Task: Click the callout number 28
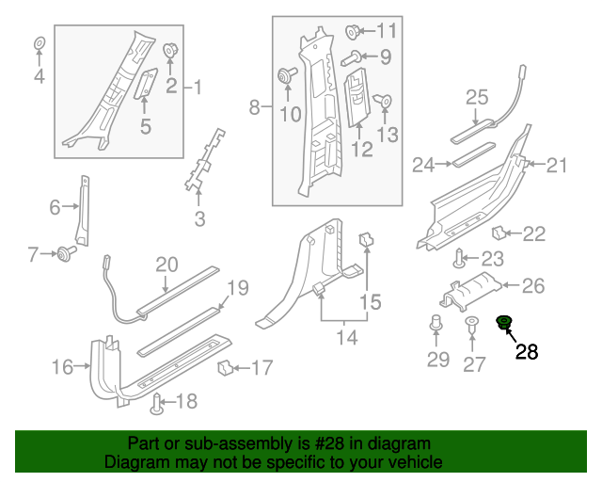(x=526, y=352)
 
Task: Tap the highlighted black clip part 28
(x=504, y=325)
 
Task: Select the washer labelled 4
(x=40, y=44)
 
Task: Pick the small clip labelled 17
(x=226, y=366)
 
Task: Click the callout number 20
(x=166, y=265)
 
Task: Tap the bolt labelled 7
(x=67, y=252)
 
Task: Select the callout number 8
(x=253, y=108)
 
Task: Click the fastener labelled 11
(x=356, y=30)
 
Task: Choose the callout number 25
(x=477, y=97)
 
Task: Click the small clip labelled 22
(x=501, y=233)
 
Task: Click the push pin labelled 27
(x=473, y=327)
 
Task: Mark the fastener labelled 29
(x=437, y=327)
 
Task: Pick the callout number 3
(x=199, y=220)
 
